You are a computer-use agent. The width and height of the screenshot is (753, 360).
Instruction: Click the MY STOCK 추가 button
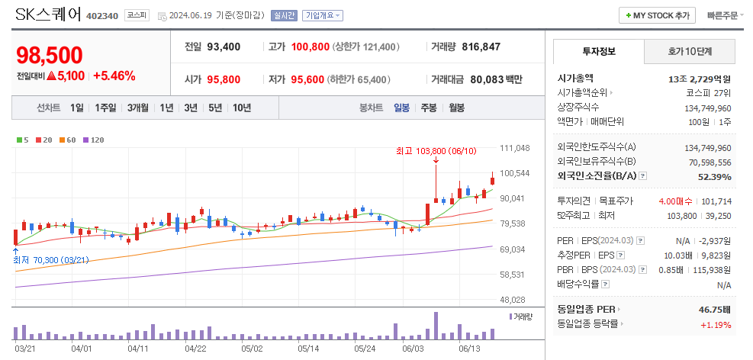[x=658, y=15]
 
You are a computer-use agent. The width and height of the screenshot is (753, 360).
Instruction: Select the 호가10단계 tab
[x=690, y=52]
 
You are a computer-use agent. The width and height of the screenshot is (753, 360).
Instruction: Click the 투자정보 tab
[x=598, y=52]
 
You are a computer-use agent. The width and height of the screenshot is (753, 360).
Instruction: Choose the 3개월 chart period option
[x=139, y=108]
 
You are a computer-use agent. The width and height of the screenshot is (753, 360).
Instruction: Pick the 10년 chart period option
[x=242, y=108]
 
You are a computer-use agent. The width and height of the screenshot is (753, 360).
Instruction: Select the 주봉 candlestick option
[x=429, y=108]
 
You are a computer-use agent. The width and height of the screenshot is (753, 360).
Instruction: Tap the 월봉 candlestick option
[x=456, y=108]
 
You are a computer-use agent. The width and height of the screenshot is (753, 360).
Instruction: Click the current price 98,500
[x=50, y=55]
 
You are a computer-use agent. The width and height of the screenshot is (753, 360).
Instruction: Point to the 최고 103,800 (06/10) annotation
[x=436, y=151]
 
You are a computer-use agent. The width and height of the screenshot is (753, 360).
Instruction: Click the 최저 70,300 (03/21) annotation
[x=50, y=260]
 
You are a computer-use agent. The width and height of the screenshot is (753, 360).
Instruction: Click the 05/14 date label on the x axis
[x=308, y=349]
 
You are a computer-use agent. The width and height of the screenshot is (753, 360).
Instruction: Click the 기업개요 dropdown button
[x=323, y=15]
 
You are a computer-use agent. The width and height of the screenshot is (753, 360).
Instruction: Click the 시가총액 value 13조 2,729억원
[x=699, y=79]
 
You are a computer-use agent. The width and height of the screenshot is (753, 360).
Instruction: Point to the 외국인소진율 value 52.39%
[x=714, y=177]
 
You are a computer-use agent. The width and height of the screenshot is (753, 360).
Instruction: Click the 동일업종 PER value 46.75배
[x=714, y=310]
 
